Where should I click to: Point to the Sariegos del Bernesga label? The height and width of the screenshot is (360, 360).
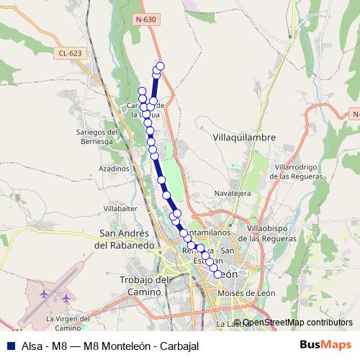coord(96,137)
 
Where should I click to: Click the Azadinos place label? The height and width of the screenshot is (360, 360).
coord(114,167)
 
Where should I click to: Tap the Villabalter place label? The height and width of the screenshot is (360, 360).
coord(120,208)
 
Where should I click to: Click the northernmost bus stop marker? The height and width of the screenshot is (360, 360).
coord(161,66)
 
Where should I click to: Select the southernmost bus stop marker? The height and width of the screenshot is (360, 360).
coord(217,273)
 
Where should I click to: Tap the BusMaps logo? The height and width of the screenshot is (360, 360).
coord(325,345)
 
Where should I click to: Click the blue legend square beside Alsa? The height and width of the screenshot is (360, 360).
coord(6,346)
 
